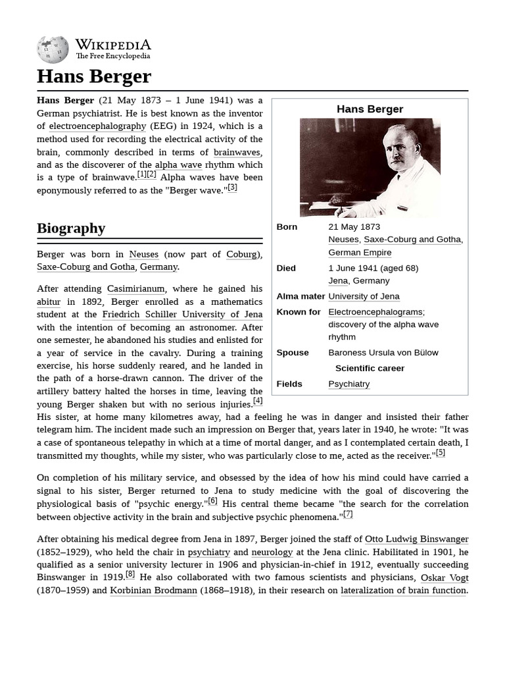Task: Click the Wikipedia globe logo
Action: click(x=53, y=49)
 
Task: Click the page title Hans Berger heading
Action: click(x=94, y=76)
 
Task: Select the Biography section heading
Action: click(x=71, y=228)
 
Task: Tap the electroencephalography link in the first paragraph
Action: click(x=97, y=126)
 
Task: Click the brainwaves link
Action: click(x=237, y=152)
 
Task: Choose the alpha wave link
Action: click(x=178, y=165)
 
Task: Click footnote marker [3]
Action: click(x=232, y=188)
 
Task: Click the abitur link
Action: click(x=49, y=302)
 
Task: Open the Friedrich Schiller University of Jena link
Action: click(x=182, y=315)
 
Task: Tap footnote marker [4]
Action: click(x=258, y=401)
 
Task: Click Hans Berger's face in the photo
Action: click(x=398, y=150)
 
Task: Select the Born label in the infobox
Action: click(x=287, y=227)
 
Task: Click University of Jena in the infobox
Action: click(x=364, y=296)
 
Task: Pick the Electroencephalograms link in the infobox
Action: click(x=375, y=312)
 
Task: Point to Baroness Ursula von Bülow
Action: click(x=383, y=353)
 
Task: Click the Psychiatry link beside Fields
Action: click(x=349, y=384)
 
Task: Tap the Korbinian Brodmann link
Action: click(x=153, y=590)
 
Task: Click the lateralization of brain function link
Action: click(x=403, y=590)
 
